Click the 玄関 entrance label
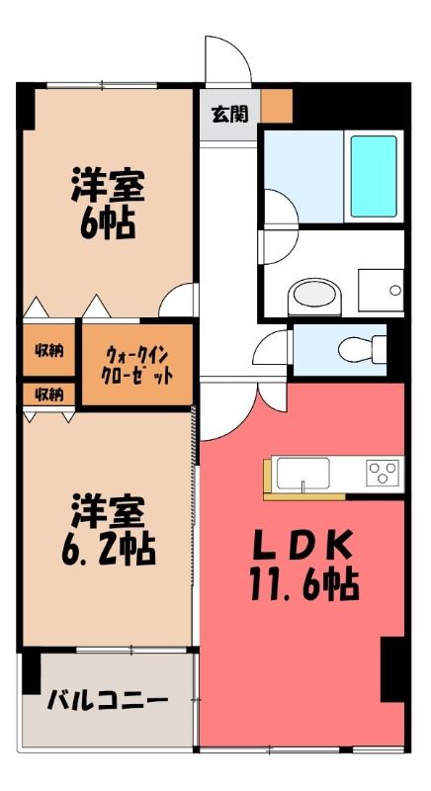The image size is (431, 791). click(x=229, y=115)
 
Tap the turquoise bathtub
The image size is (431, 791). click(x=374, y=177)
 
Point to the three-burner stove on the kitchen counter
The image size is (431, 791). click(x=383, y=474)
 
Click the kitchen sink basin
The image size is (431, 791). click(x=302, y=474)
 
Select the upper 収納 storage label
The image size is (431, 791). click(x=48, y=350)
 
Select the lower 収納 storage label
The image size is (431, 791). click(x=48, y=395)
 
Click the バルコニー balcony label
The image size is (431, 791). click(x=107, y=701)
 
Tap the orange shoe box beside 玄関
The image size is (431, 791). click(x=277, y=106)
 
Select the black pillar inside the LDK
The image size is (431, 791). click(x=392, y=669)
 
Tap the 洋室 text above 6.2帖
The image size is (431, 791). click(x=108, y=511)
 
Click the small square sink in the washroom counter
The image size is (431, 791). click(x=381, y=291)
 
